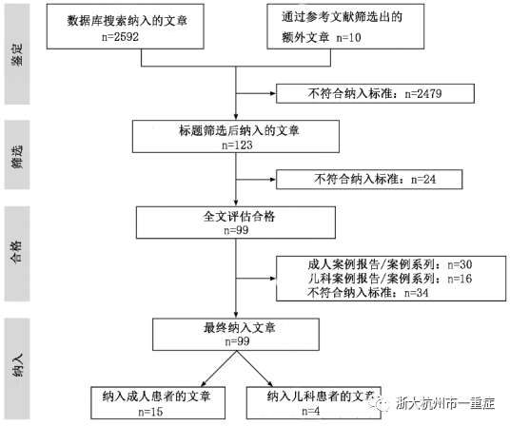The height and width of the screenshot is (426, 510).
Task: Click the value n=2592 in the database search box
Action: click(x=120, y=37)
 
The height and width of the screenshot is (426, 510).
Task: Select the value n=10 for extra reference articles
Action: click(x=348, y=38)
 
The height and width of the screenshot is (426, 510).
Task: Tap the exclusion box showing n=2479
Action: click(x=375, y=93)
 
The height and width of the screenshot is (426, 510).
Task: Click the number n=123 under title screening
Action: click(x=237, y=145)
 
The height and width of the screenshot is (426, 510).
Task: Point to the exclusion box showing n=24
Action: click(x=369, y=179)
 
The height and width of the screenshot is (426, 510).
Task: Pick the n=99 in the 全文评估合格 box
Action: click(x=236, y=230)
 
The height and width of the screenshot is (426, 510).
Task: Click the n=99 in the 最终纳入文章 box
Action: click(x=237, y=341)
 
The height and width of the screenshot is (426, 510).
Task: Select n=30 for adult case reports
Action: click(x=460, y=264)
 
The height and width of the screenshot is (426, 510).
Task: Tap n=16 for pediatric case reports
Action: click(x=460, y=279)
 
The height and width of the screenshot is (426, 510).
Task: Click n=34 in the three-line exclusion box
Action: click(x=417, y=293)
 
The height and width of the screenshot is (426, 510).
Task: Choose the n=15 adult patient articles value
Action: click(x=150, y=412)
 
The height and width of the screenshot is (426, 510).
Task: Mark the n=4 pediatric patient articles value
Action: click(x=310, y=411)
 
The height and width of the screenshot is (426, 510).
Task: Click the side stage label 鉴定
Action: click(x=17, y=54)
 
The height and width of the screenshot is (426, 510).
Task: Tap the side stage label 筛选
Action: click(x=17, y=156)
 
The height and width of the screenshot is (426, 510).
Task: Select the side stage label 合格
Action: click(x=16, y=251)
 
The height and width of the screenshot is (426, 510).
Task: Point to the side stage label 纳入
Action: click(x=17, y=365)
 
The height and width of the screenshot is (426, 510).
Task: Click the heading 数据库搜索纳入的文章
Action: click(x=127, y=21)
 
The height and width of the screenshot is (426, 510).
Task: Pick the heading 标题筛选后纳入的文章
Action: click(x=239, y=130)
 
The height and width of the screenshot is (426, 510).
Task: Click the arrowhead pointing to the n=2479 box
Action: click(x=273, y=93)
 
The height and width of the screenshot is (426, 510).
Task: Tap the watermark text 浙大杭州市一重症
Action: click(x=445, y=403)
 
